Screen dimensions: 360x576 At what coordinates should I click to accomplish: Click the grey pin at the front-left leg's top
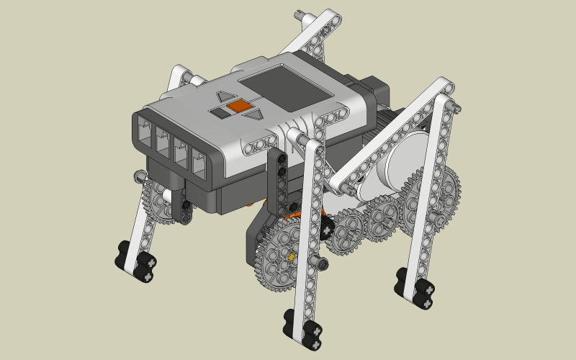click(x=137, y=174)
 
